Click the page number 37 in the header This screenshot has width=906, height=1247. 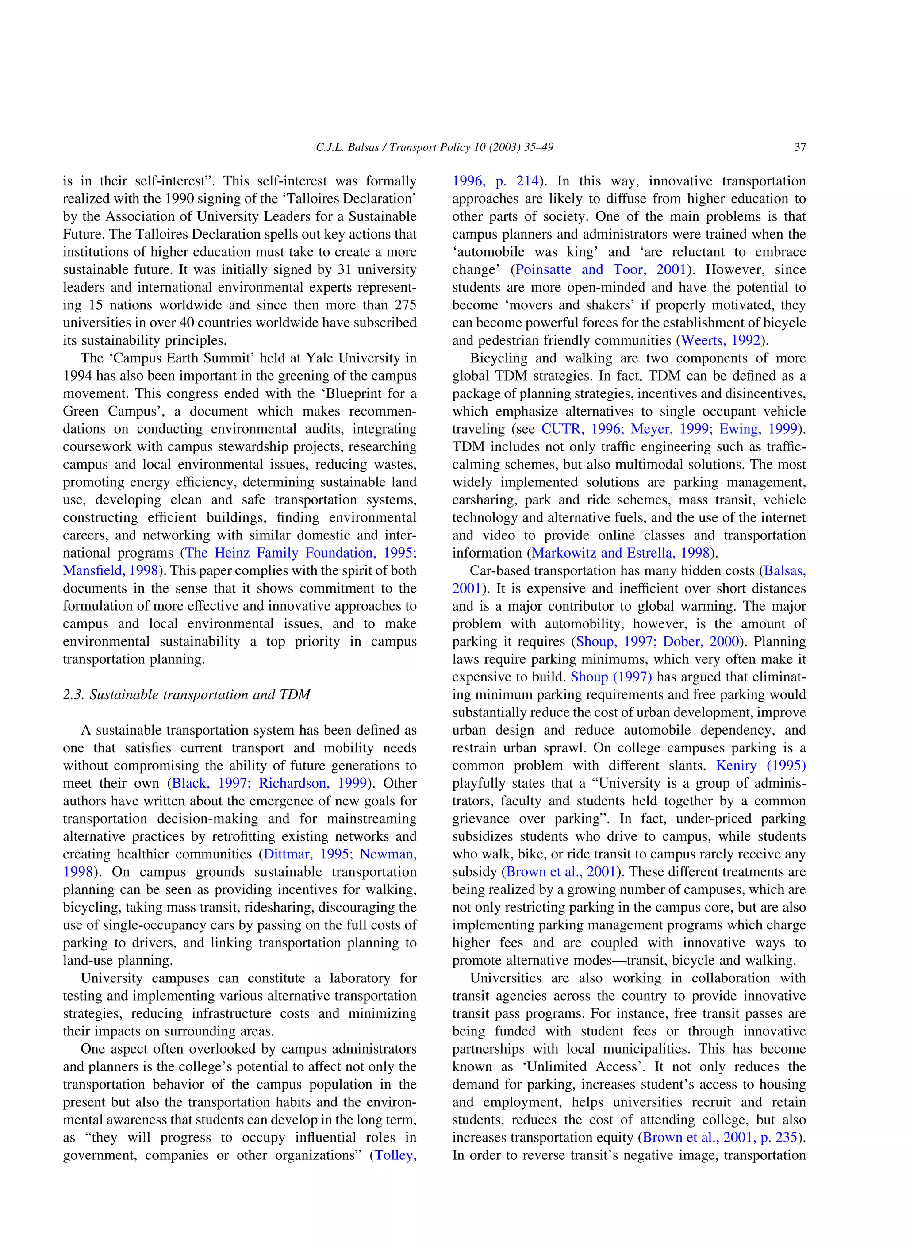pyautogui.click(x=800, y=147)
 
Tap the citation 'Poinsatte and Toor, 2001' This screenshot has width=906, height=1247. pyautogui.click(x=601, y=269)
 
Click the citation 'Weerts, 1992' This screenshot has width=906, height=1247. pyautogui.click(x=720, y=340)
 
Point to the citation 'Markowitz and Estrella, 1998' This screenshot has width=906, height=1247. pyautogui.click(x=621, y=553)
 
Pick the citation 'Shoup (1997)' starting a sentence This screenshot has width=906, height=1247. pyautogui.click(x=611, y=677)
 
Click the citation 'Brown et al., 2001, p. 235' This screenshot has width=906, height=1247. pyautogui.click(x=720, y=1137)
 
